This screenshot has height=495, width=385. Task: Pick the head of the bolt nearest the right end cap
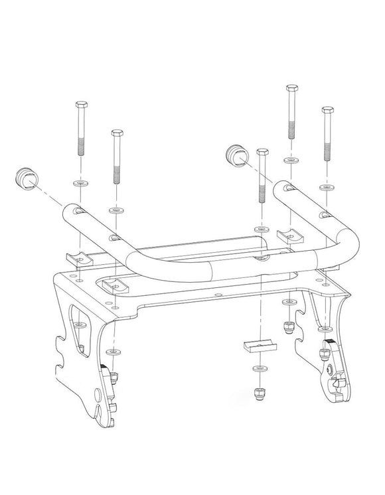pyautogui.click(x=262, y=154)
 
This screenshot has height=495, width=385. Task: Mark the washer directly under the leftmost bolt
pyautogui.click(x=80, y=182)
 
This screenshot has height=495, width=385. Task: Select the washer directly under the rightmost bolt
pyautogui.click(x=326, y=187)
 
